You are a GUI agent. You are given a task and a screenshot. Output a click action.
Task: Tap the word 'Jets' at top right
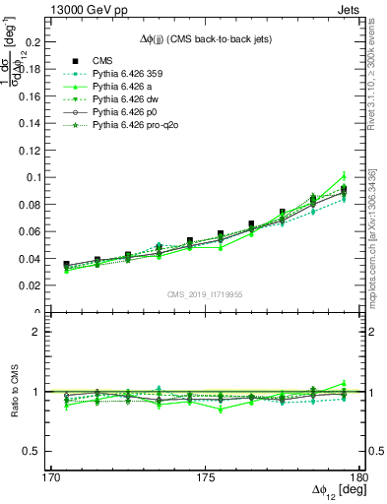point(351,9)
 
